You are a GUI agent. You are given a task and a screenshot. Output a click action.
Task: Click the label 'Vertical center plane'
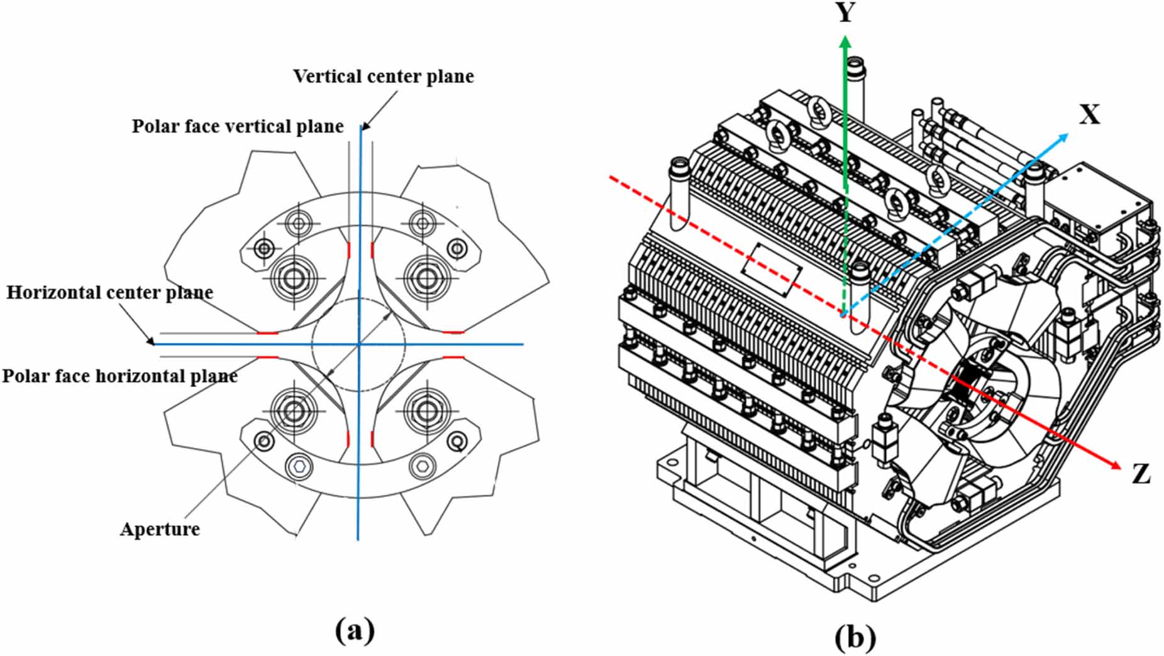point(383,77)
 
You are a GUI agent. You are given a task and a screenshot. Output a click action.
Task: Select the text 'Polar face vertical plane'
point(237,126)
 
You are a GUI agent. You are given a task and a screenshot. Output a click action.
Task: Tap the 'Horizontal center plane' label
point(109,293)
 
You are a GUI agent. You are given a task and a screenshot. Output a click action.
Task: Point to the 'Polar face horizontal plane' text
point(119,376)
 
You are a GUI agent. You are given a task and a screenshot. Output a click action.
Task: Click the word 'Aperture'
point(160,529)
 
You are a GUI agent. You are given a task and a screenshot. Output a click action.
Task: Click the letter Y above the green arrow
point(846,13)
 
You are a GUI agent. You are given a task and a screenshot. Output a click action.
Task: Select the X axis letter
point(1089,115)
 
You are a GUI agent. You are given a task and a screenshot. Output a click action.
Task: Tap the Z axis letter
point(1140,474)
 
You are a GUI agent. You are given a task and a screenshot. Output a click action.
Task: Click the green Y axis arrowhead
point(846,43)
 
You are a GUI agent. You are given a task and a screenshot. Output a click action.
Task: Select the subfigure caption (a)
point(355,630)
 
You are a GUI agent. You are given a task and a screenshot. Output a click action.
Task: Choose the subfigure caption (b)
point(855,637)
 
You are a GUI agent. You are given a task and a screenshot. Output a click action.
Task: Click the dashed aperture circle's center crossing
point(358,344)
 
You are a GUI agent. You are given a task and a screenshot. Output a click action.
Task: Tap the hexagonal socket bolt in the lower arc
point(299,466)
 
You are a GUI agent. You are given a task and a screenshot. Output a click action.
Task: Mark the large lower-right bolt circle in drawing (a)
point(428,411)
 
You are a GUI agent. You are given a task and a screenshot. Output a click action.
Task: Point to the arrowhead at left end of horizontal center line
point(151,342)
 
